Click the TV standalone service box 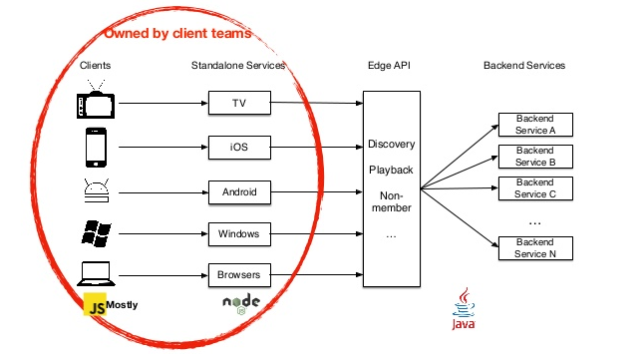click(x=238, y=104)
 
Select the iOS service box click(x=238, y=148)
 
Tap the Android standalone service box click(x=238, y=190)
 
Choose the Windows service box click(x=238, y=233)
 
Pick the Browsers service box click(x=238, y=273)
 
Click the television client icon click(x=96, y=104)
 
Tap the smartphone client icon click(x=96, y=148)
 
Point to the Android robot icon click(x=96, y=190)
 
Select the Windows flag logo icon click(x=96, y=233)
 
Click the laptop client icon click(x=96, y=273)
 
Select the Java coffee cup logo click(x=464, y=305)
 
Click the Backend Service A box click(x=535, y=125)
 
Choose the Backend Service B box click(x=535, y=157)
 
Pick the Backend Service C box click(x=535, y=188)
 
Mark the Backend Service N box click(x=535, y=246)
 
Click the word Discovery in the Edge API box click(x=391, y=145)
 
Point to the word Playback click(x=391, y=171)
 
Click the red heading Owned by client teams click(x=177, y=34)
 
